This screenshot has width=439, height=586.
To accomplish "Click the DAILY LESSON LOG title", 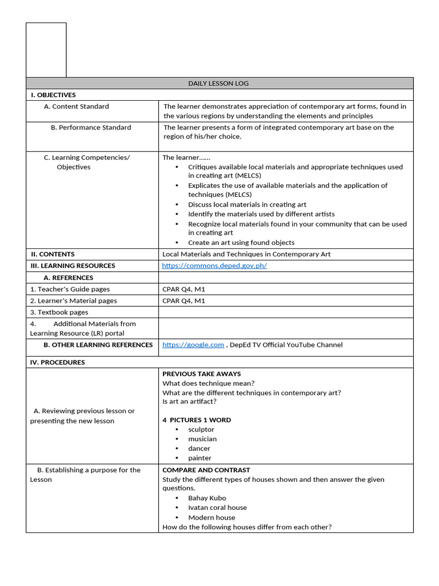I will click(219, 84).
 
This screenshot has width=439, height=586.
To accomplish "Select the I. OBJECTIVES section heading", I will click(53, 95).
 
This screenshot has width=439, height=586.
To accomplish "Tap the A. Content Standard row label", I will click(76, 106).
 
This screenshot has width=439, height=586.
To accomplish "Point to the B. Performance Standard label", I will click(91, 128).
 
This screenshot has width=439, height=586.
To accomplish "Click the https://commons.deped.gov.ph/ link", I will click(214, 266).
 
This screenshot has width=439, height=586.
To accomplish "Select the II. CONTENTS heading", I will click(53, 254).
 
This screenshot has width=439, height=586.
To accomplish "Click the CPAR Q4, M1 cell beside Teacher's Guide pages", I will click(183, 289).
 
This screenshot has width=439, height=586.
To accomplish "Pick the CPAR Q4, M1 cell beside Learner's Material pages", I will click(183, 300).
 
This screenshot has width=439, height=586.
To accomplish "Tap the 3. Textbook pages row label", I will click(59, 312).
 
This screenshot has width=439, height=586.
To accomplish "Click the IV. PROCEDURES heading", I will click(57, 362).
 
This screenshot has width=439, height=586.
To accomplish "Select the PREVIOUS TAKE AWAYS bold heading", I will click(201, 374).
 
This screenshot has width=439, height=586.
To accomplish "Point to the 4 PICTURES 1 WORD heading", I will click(197, 419).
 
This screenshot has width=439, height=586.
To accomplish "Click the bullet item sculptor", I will click(201, 429).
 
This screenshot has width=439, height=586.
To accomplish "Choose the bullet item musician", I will click(202, 439).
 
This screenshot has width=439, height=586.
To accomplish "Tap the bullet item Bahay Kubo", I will click(207, 498).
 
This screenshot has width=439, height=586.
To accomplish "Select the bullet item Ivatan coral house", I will click(217, 508).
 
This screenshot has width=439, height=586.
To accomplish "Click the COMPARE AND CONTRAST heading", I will click(206, 470).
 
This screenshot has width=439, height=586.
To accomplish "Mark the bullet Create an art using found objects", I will click(241, 243).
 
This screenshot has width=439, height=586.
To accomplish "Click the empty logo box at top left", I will click(46, 50).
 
